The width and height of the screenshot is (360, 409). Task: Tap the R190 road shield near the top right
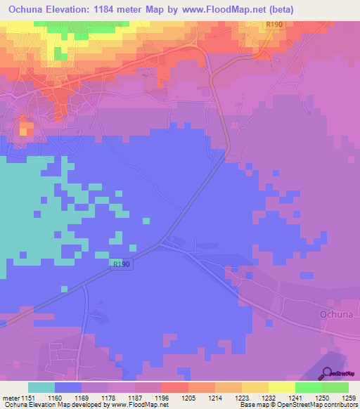[x=274, y=25]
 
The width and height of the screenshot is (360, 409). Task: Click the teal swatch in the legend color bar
[x=41, y=387]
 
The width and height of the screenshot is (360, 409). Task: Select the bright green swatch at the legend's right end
[x=335, y=387]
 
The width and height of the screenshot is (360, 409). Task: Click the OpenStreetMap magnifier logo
[x=328, y=373]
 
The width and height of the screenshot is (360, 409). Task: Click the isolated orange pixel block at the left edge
[x=26, y=129]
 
